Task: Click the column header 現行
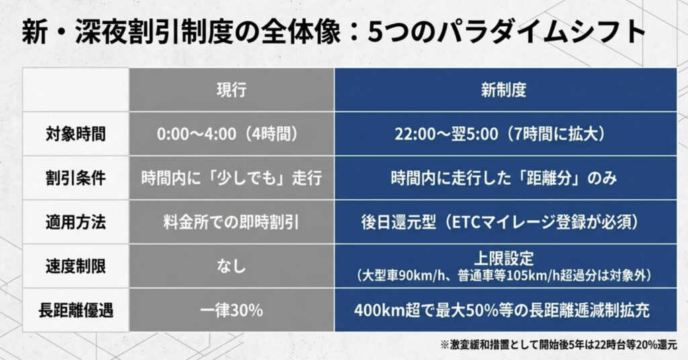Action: tap(231, 90)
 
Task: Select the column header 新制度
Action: tap(503, 90)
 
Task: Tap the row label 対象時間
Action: tap(76, 134)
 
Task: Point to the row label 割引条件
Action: tap(76, 178)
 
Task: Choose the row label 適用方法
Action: tap(76, 222)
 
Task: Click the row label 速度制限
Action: tap(76, 266)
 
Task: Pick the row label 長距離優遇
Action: tap(76, 310)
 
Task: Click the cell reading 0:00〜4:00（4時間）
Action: tap(228, 134)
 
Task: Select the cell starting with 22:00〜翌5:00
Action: tap(500, 134)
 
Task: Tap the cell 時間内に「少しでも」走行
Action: tap(231, 178)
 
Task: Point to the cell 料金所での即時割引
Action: tap(231, 222)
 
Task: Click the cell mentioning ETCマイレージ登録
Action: tap(500, 222)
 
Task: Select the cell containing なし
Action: tap(231, 266)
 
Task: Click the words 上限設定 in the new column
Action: tap(504, 259)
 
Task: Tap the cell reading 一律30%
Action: tap(231, 310)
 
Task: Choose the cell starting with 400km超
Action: tap(501, 310)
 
